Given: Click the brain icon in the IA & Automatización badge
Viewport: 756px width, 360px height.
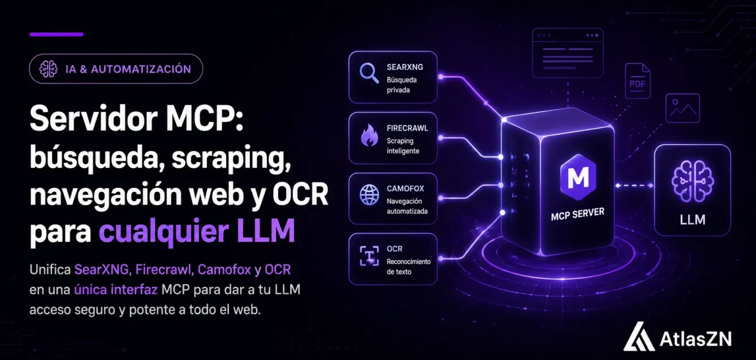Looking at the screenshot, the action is tap(49, 69).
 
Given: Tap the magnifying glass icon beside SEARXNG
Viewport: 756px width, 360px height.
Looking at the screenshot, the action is tap(369, 73).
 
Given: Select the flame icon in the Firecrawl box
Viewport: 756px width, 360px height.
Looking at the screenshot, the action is tap(369, 135).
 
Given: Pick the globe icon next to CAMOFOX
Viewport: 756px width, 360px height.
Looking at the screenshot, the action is tap(369, 195).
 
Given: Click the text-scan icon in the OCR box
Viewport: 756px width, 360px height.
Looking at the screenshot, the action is tap(369, 256).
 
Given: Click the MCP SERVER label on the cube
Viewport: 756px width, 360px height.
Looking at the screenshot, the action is tap(578, 214).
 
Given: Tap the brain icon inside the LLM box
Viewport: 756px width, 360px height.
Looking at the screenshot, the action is tap(692, 181).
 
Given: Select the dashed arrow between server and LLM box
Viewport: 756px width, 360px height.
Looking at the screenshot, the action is tap(634, 185).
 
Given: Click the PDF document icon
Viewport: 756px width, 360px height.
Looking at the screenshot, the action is tap(638, 81).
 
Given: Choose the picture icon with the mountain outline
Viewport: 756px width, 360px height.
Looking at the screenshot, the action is tap(683, 108).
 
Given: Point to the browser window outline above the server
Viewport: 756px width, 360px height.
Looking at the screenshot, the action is tap(568, 53).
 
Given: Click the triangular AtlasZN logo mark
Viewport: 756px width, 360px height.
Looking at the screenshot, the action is tap(639, 336).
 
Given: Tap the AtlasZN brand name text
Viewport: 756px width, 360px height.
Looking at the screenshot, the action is tap(696, 339).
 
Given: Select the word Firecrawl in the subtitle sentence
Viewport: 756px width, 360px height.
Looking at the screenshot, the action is tap(164, 270).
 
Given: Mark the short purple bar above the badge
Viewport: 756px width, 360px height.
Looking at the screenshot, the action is tap(56, 34).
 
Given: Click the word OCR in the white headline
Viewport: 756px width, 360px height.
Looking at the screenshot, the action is tap(300, 195).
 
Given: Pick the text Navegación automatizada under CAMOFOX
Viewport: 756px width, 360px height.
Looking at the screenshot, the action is tap(407, 206).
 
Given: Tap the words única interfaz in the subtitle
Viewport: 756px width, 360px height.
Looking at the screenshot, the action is tap(116, 289).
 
